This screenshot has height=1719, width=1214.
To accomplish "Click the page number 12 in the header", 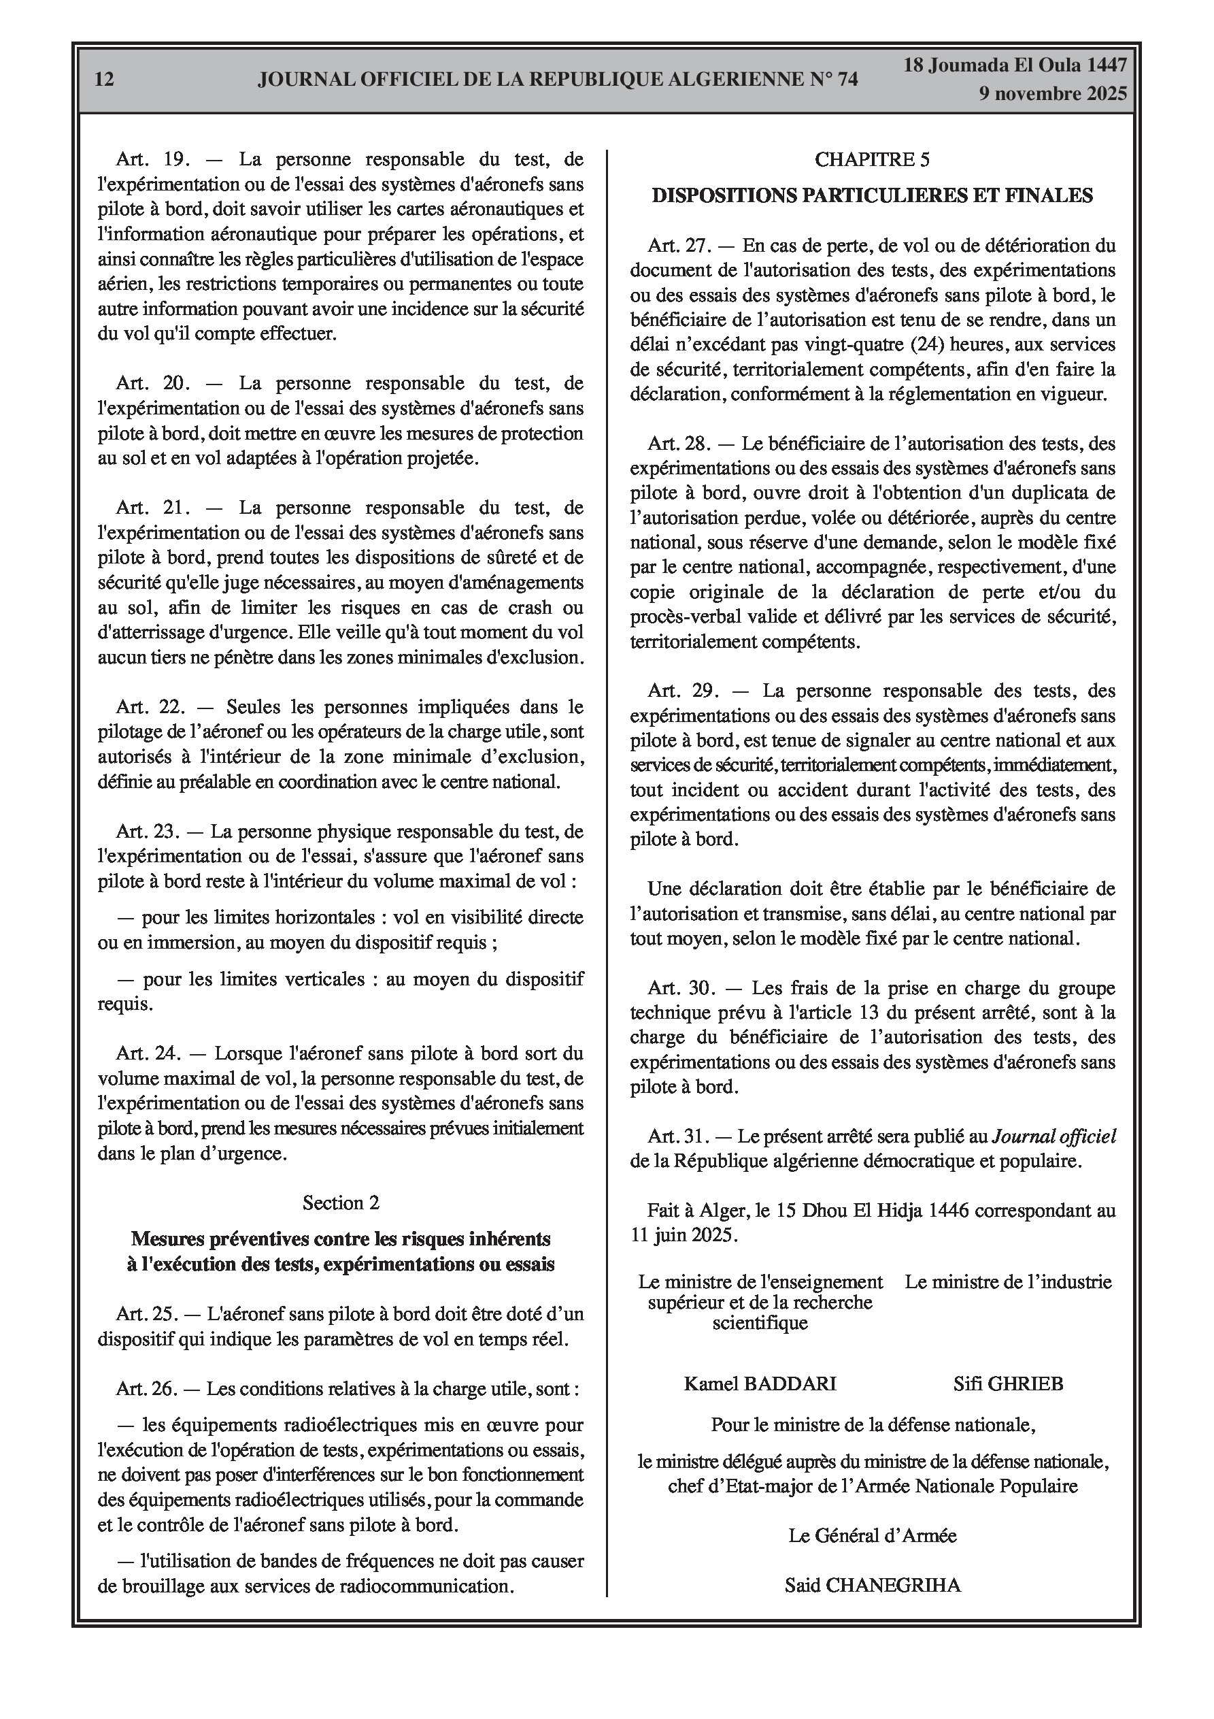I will point(105,80).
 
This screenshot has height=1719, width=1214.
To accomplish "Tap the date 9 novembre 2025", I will point(1052,95).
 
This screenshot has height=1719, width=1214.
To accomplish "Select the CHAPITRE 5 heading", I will point(872,159).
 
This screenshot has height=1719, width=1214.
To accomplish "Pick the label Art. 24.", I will point(148,1053).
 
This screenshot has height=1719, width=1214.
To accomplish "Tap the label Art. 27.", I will point(679,246).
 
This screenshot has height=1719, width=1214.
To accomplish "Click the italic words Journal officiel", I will point(1053,1136).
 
